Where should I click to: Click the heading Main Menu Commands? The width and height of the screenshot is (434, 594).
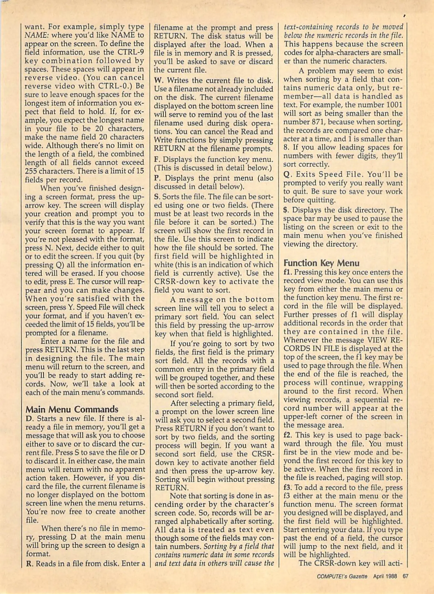coord(72,409)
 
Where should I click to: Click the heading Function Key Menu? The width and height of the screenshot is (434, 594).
coord(321,263)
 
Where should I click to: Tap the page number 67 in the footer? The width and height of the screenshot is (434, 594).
coord(405,576)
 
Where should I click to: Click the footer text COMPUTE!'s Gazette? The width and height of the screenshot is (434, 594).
coord(342,576)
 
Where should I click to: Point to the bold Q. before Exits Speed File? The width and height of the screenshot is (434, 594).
coord(286,175)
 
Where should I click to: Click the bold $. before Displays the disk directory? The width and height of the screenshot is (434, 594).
coord(286,210)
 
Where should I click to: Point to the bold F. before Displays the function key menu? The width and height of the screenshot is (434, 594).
coord(157,159)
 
